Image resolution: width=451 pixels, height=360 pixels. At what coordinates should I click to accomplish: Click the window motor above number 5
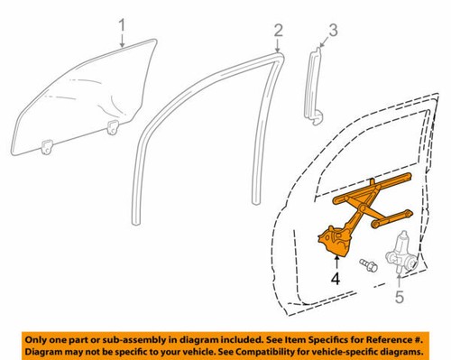pos(400,252)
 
